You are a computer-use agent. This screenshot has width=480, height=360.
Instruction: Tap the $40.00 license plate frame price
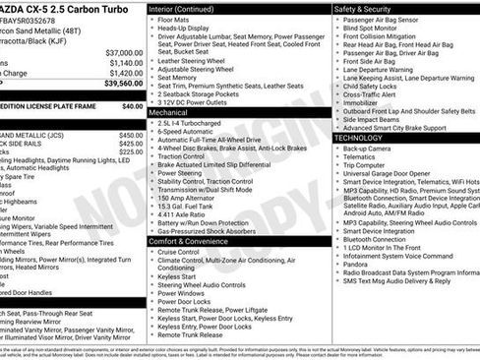pos(129,105)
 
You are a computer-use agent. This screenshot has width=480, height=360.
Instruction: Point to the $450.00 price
pos(130,134)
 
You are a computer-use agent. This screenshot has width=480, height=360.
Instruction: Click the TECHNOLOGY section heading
pos(365,138)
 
